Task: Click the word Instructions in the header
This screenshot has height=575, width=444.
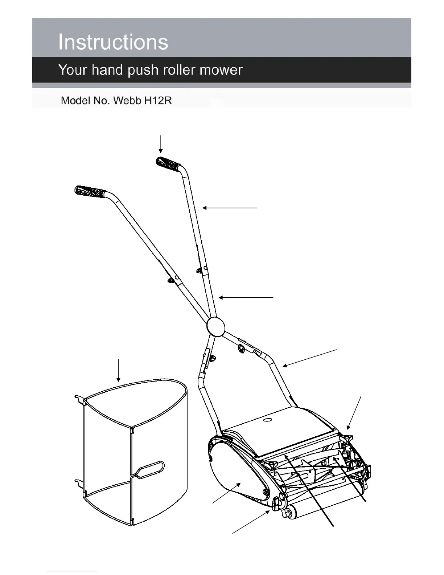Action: tap(113, 42)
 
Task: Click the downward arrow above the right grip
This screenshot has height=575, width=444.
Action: tap(161, 144)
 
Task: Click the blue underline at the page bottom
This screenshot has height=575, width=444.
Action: tap(72, 572)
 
